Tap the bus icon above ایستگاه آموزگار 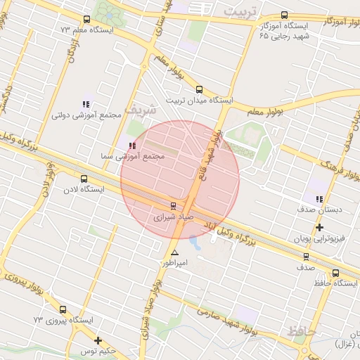pyautogui.click(x=284, y=14)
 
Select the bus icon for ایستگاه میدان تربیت pyautogui.click(x=199, y=89)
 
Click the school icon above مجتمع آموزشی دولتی pyautogui.click(x=86, y=104)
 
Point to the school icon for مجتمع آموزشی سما pyautogui.click(x=131, y=145)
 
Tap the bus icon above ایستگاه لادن pyautogui.click(x=84, y=179)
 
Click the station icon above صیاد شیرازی pyautogui.click(x=173, y=206)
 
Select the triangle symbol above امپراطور pyautogui.click(x=174, y=252)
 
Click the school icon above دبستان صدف pyautogui.click(x=320, y=199)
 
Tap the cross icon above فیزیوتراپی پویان pyautogui.click(x=320, y=227)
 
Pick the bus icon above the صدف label pyautogui.click(x=306, y=257)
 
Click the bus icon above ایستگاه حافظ pyautogui.click(x=335, y=273)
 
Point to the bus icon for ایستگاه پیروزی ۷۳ pyautogui.click(x=63, y=309)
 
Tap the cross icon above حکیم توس pyautogui.click(x=98, y=340)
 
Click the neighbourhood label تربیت pyautogui.click(x=241, y=13)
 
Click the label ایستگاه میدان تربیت pyautogui.click(x=199, y=101)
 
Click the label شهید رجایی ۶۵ pyautogui.click(x=284, y=34)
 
